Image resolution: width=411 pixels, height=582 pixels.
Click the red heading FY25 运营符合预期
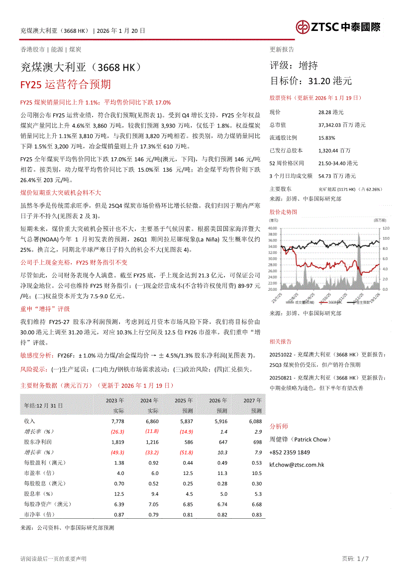click(65, 84)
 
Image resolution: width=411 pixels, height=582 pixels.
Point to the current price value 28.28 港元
click(330, 113)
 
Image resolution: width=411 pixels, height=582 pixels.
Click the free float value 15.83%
click(326, 137)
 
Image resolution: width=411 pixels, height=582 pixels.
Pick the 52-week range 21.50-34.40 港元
click(338, 163)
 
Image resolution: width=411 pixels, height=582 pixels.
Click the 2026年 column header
click(218, 400)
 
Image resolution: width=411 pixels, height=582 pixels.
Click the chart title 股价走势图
click(283, 212)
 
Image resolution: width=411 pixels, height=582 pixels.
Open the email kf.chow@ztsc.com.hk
click(297, 465)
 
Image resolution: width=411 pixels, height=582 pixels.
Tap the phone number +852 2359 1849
click(290, 453)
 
